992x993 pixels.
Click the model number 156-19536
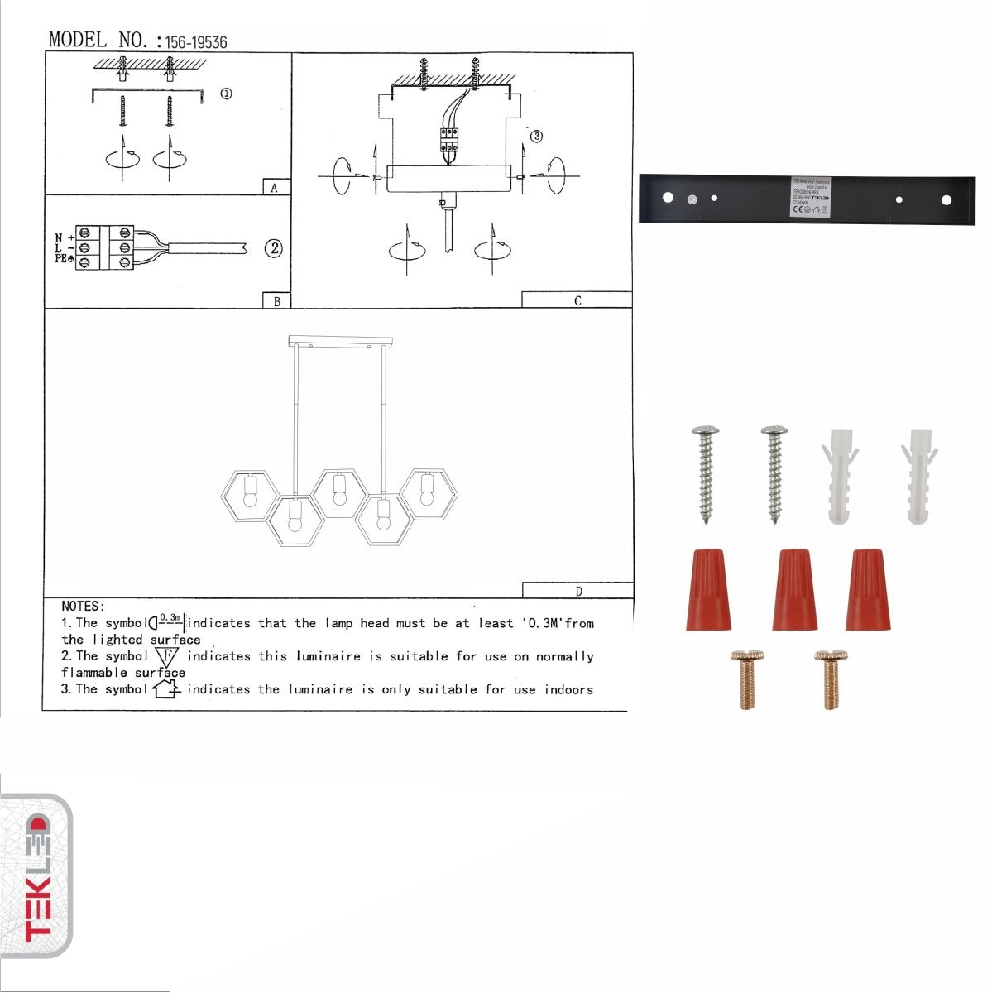tap(196, 42)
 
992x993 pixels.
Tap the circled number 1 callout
tap(226, 94)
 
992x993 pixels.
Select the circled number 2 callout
tap(274, 247)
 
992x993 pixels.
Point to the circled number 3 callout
tap(536, 136)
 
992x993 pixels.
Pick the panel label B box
tap(276, 301)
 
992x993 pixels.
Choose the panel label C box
tap(577, 300)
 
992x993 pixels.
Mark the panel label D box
tap(577, 591)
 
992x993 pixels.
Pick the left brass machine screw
tap(747, 679)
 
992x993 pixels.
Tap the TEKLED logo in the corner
tap(38, 876)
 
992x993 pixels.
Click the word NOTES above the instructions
tap(83, 607)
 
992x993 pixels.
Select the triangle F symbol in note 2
tap(166, 657)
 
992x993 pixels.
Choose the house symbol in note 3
tap(165, 688)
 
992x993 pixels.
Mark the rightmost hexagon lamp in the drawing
tap(428, 493)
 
